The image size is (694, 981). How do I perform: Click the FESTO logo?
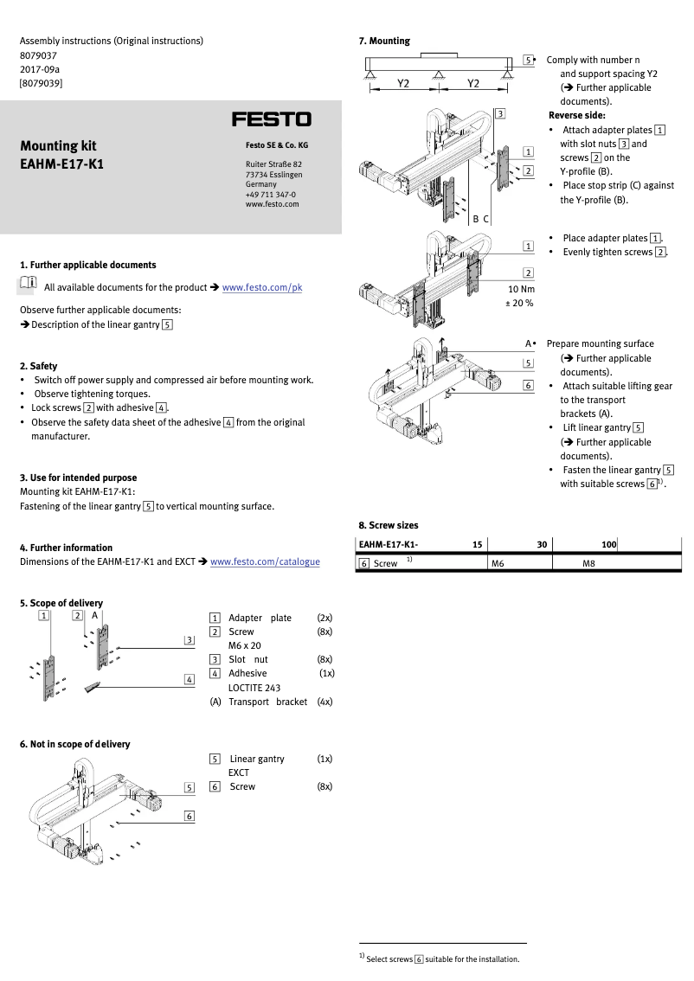point(271,119)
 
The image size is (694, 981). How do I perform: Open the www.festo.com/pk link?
point(262,287)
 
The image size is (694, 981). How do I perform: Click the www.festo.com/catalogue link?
point(265,561)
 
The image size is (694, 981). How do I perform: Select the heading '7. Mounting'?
point(384,41)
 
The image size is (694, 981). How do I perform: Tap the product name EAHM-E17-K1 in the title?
point(61,163)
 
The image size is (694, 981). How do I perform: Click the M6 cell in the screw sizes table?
point(498,563)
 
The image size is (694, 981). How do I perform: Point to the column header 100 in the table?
point(608,544)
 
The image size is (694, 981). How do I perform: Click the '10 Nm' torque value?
point(521,288)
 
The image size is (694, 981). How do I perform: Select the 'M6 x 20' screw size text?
point(244,645)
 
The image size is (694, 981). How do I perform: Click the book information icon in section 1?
point(28,284)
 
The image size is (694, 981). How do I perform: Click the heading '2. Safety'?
point(38,366)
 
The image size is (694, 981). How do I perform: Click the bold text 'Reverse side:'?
point(576,115)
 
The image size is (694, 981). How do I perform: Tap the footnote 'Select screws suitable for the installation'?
point(442,959)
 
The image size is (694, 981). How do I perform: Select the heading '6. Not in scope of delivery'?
point(74,744)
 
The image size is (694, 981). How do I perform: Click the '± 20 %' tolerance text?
point(519,304)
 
